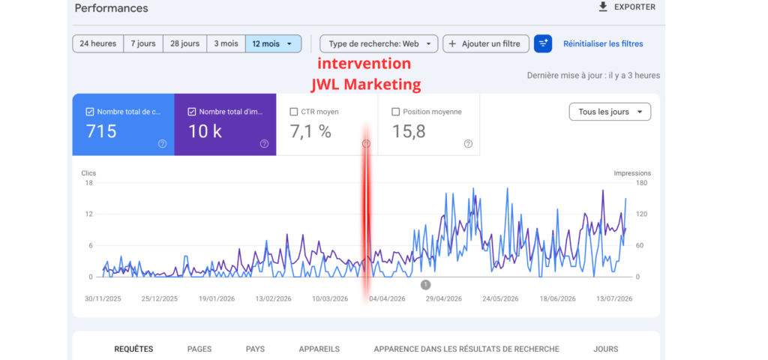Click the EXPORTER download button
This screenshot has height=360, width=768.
(x=627, y=7)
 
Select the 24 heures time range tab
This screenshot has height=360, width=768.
(x=98, y=43)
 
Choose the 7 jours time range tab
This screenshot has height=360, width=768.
(x=143, y=43)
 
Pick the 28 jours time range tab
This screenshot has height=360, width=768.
(x=184, y=43)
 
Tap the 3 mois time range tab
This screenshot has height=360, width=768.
(x=226, y=43)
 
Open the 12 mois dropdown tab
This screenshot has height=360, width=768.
(x=273, y=43)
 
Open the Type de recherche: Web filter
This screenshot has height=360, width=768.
(x=379, y=43)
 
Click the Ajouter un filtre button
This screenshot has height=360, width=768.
(x=486, y=43)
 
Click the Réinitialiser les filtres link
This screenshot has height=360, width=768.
(x=603, y=43)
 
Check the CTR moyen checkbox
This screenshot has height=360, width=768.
(x=294, y=112)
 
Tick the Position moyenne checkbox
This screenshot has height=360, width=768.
(x=396, y=112)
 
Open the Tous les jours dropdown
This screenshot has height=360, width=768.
(x=610, y=112)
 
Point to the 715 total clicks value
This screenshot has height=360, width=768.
(x=101, y=131)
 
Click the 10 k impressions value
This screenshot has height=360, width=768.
(x=205, y=131)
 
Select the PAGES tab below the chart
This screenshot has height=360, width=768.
(x=199, y=349)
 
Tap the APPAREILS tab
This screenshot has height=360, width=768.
(x=319, y=349)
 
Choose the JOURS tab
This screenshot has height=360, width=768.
(x=606, y=349)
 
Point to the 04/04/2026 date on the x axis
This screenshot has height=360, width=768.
(x=388, y=298)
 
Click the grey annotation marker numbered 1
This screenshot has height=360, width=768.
(x=426, y=284)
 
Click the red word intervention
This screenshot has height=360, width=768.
(x=364, y=64)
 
